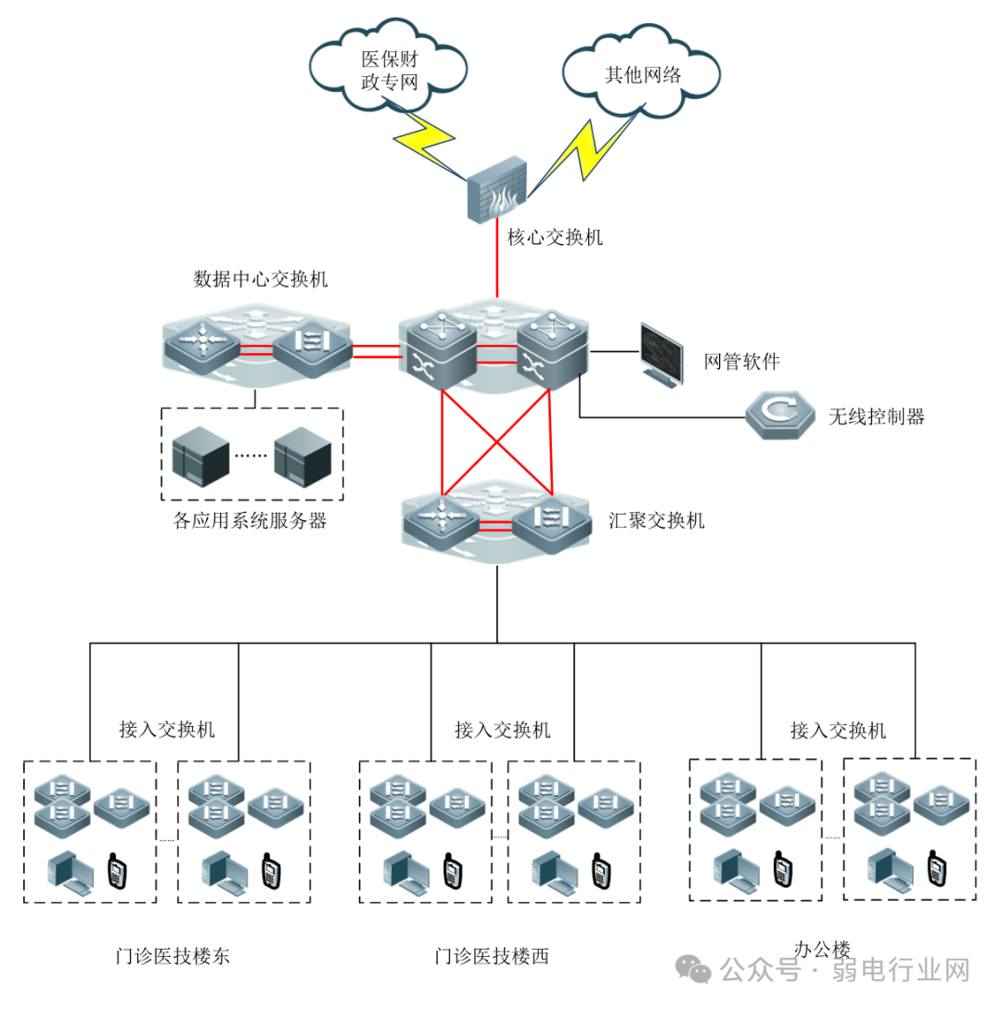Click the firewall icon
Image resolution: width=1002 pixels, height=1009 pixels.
501,191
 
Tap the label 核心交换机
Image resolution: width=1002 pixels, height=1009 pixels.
555,237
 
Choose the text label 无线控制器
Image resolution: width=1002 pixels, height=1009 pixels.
877,416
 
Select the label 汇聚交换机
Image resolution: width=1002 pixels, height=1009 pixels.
656,519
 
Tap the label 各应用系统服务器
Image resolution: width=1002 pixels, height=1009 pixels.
250,520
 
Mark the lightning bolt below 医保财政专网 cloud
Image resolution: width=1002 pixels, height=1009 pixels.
428,136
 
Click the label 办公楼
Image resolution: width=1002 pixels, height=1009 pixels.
822,950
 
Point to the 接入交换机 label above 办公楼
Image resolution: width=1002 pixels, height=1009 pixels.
838,730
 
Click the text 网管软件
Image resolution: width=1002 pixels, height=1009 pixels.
742,362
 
